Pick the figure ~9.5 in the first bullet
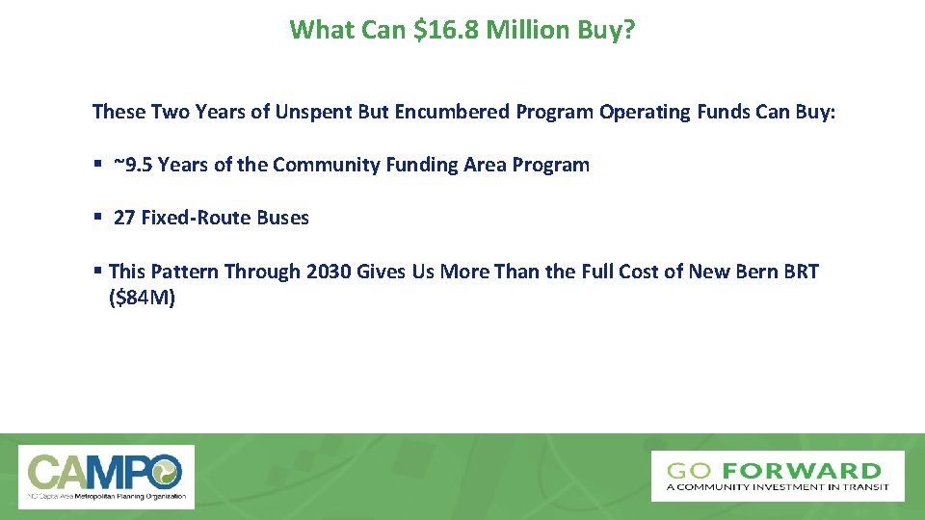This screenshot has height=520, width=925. pos(132,165)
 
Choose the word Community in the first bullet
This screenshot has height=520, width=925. pos(317,165)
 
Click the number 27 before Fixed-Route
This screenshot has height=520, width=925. pos(124,218)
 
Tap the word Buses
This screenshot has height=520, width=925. pos(283,218)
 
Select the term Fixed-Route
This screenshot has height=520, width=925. pos(197,218)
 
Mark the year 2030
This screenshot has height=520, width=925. pos(328,272)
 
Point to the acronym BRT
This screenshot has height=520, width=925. pos(800,272)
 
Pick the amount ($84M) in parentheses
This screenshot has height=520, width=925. pos(143,298)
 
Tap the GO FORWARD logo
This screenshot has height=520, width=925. pos(777,476)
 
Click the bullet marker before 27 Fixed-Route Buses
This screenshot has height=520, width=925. pos(97,218)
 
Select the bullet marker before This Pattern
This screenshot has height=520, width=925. pos(97,272)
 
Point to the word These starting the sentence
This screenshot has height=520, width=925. pos(119,112)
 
